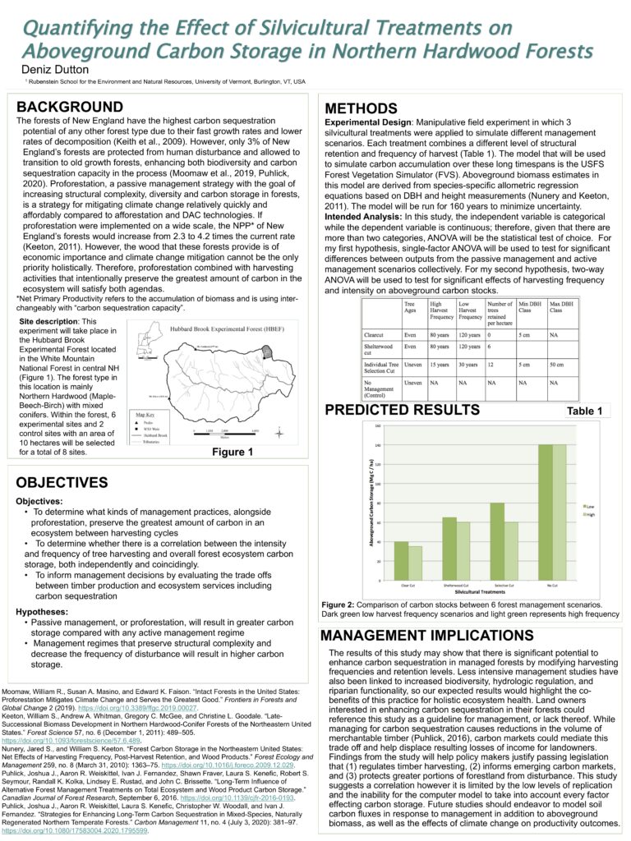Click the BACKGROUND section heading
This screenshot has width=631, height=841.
pyautogui.click(x=70, y=108)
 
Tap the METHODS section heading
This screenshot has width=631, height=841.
pyautogui.click(x=362, y=109)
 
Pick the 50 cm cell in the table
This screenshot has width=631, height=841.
pyautogui.click(x=557, y=364)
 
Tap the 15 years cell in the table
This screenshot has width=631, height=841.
pyautogui.click(x=440, y=364)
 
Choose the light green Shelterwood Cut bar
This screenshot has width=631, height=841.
pyautogui.click(x=463, y=551)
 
